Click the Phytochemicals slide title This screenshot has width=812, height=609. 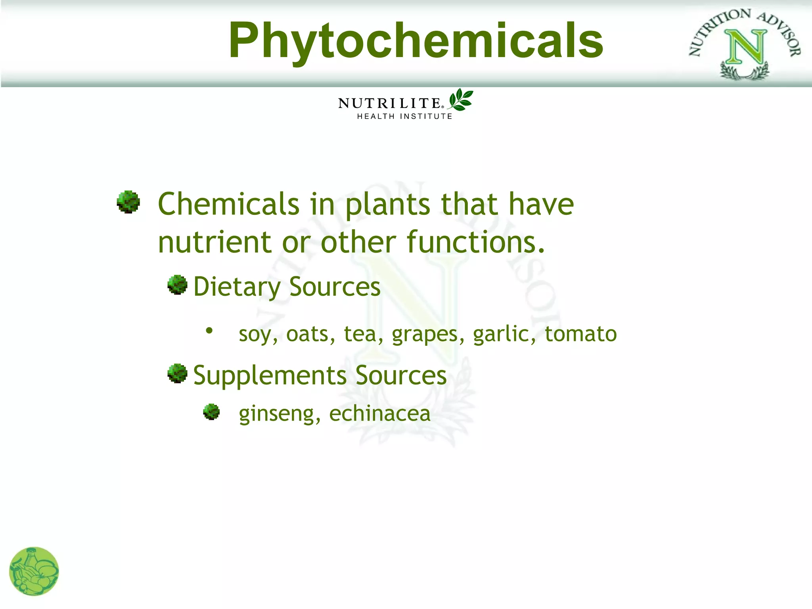coord(416,41)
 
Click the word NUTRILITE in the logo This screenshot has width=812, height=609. coord(389,103)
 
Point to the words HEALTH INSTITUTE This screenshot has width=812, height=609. coord(404,116)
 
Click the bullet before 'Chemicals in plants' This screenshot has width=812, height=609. coord(128,202)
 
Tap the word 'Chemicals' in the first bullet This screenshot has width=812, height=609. coord(228,204)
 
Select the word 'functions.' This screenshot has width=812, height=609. coord(476,242)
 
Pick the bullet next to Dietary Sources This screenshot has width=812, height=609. coord(177,285)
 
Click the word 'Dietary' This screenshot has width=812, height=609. coord(237,287)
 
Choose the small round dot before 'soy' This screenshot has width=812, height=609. coord(209,330)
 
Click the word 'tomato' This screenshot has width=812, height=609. coord(580,334)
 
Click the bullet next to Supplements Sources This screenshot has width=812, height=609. coord(177,373)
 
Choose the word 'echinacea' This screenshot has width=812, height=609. coord(379,414)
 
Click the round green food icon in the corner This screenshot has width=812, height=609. coord(34,571)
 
